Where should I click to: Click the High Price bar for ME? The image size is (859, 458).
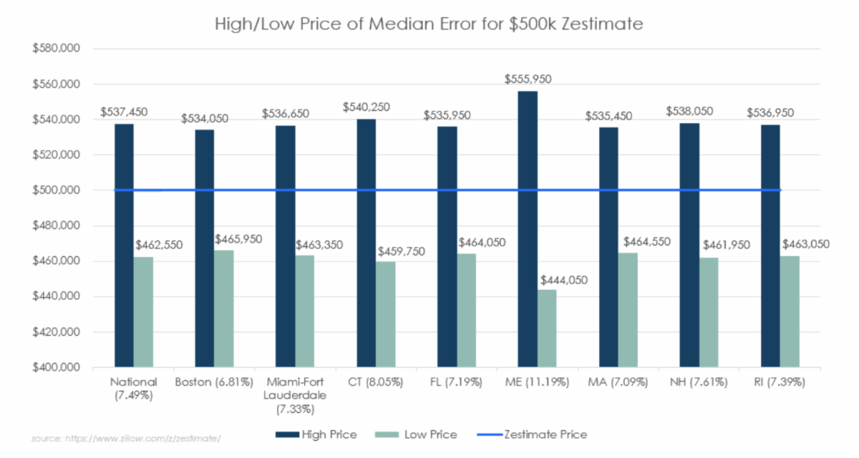pos(528,229)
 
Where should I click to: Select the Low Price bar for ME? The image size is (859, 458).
pos(547,328)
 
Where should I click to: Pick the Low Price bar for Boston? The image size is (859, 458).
pos(224,308)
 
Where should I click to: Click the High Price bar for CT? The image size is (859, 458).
pos(367,243)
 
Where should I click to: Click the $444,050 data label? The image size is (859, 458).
pos(565,280)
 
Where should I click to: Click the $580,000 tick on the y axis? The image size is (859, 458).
pos(55,49)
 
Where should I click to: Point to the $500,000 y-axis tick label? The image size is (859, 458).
pos(55,190)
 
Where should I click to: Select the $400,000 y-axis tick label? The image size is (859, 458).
pos(55,368)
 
